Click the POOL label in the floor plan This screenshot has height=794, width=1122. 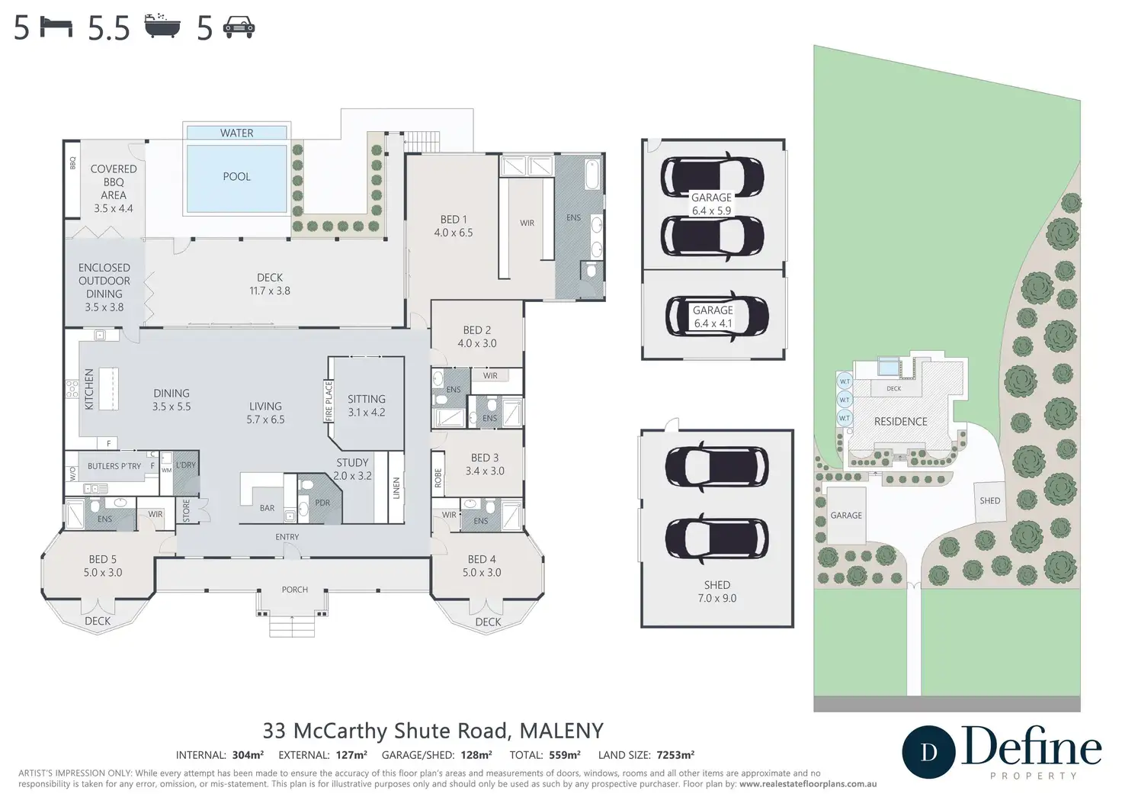click(x=236, y=176)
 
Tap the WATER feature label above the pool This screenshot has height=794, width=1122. click(x=236, y=133)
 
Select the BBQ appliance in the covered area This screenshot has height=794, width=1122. click(x=72, y=179)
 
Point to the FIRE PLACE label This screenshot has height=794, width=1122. click(x=329, y=401)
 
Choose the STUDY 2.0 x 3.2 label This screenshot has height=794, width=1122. click(x=353, y=469)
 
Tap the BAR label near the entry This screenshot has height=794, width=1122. click(x=267, y=508)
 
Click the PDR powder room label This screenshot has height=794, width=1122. click(x=322, y=503)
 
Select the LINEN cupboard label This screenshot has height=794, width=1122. click(x=396, y=487)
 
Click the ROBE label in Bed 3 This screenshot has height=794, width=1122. click(x=438, y=477)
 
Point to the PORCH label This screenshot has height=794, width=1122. click(x=294, y=590)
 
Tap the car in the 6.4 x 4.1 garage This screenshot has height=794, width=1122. click(x=716, y=317)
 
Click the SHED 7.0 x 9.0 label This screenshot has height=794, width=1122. click(x=716, y=591)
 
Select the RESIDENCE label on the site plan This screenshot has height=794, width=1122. click(x=901, y=422)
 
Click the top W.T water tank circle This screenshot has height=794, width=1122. click(x=845, y=381)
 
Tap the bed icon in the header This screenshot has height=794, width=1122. click(x=56, y=27)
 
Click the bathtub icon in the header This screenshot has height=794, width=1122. click(x=162, y=26)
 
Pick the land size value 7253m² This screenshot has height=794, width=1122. click(x=675, y=755)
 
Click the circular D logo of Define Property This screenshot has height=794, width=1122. click(x=928, y=752)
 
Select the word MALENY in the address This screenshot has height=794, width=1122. click(x=562, y=731)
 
